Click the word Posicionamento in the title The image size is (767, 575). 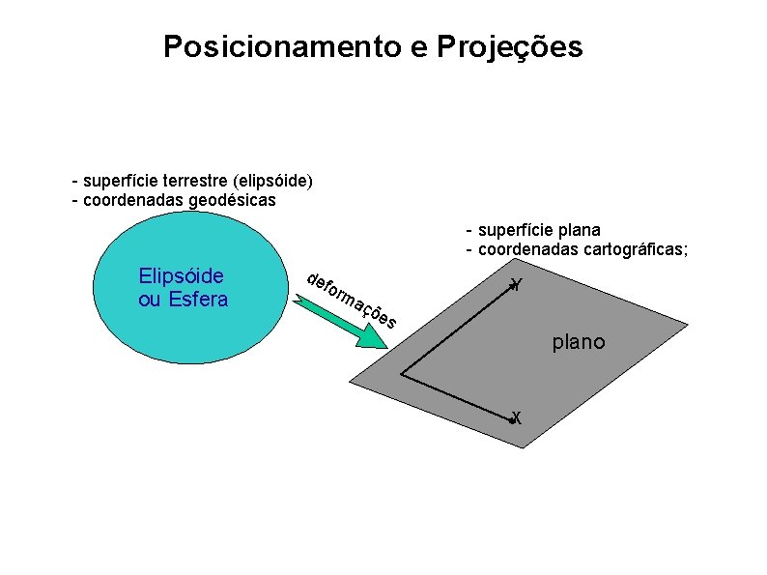point(282,46)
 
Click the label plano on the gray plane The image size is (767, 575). point(579,341)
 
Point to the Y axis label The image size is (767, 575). point(518,285)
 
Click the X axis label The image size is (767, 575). point(518,417)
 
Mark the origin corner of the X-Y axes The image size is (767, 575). point(401,373)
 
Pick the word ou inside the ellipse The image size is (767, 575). point(151,299)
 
